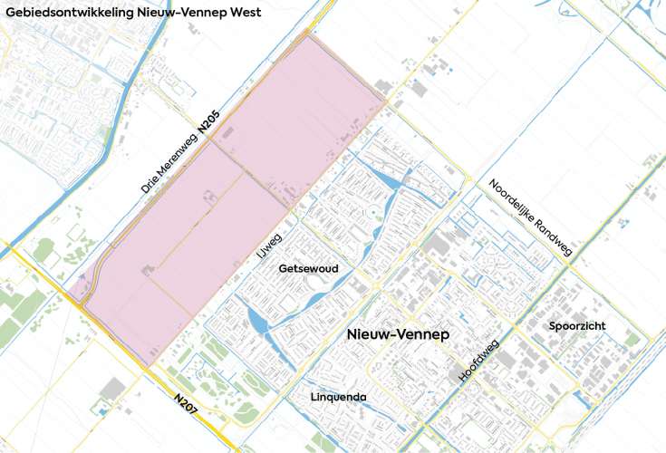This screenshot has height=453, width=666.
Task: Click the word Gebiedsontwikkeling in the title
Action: tap(65, 12)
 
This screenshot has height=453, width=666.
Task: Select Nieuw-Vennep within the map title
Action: tap(178, 12)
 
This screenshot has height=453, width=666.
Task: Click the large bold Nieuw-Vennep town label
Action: tap(398, 335)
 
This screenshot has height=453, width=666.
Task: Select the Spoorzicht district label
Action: tap(576, 325)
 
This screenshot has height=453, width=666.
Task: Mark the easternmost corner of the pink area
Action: tap(389, 102)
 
